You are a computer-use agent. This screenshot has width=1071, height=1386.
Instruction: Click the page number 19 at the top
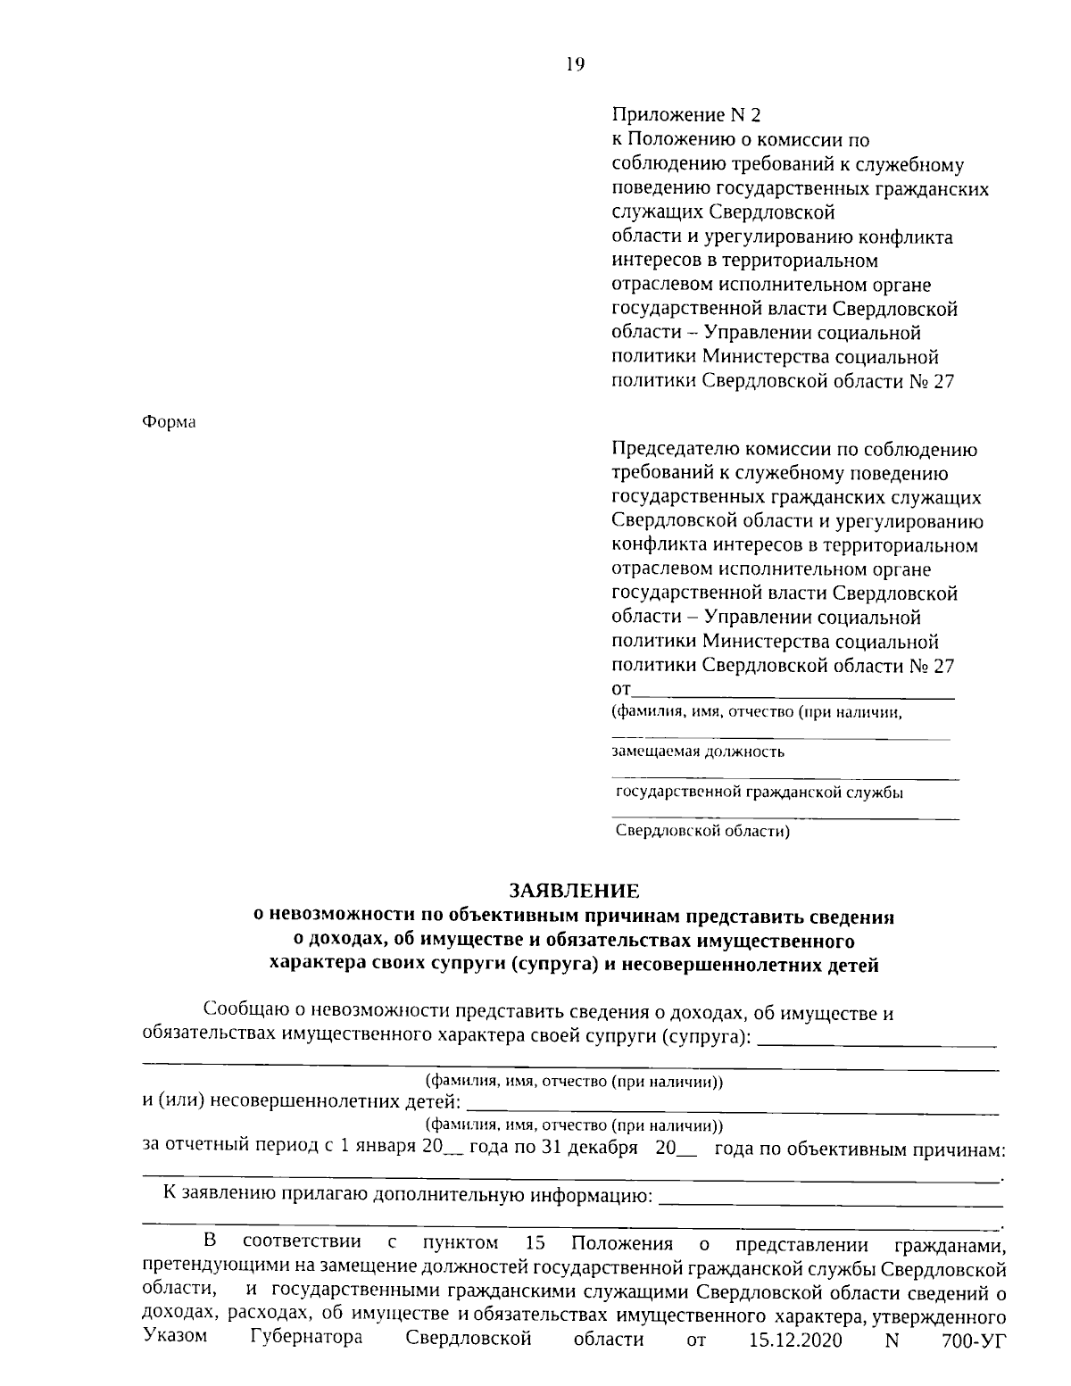[575, 64]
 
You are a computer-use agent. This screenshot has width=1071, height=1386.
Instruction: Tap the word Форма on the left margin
[169, 422]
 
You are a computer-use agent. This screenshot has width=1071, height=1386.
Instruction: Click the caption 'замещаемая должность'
[698, 751]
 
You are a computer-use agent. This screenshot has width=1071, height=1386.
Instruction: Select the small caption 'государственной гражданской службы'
[759, 792]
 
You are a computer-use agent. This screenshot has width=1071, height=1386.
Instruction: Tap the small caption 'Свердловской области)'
[704, 832]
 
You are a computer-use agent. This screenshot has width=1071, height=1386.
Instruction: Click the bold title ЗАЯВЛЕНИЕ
[574, 890]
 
